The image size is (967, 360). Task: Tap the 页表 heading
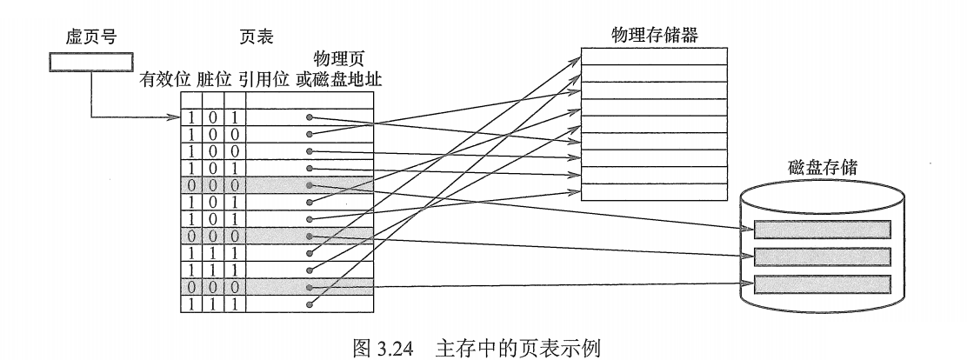click(x=257, y=38)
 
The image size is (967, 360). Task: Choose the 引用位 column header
click(x=263, y=80)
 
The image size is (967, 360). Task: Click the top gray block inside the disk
click(x=823, y=230)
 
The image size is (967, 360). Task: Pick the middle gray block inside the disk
click(x=823, y=257)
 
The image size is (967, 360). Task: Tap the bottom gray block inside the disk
click(x=823, y=283)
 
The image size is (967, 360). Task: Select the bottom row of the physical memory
click(x=653, y=191)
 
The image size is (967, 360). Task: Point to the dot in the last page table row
click(x=309, y=304)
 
